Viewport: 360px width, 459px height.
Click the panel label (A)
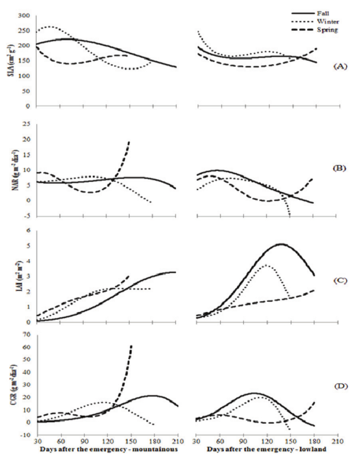tap(341, 66)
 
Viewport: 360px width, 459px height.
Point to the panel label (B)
tap(341, 168)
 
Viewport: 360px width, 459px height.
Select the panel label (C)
tap(341, 278)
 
